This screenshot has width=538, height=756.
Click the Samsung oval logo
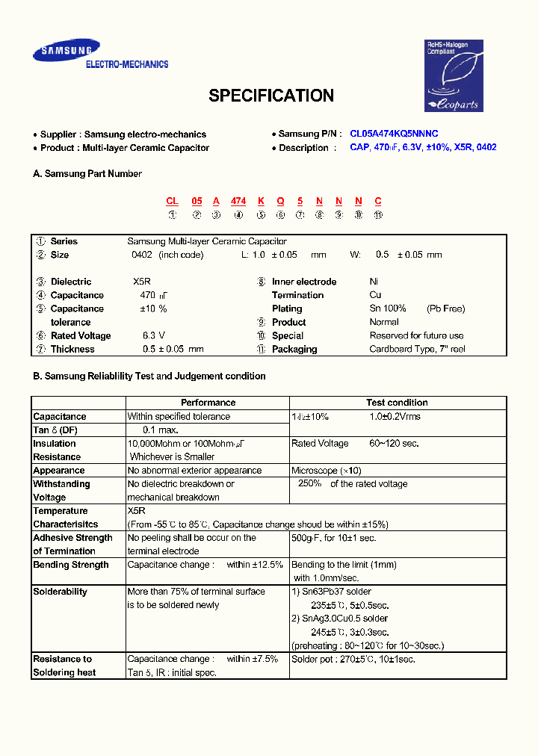(x=66, y=52)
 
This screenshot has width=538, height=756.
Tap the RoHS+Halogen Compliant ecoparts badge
(x=455, y=75)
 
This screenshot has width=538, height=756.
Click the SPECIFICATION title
(x=270, y=96)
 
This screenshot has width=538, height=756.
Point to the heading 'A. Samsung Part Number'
(x=87, y=173)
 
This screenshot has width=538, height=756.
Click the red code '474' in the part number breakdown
(x=238, y=201)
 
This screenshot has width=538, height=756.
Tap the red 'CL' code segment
(x=172, y=201)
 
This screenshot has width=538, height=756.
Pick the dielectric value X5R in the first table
(x=142, y=282)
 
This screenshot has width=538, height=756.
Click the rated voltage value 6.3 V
(x=154, y=335)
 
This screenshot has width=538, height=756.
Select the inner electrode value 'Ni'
(x=374, y=282)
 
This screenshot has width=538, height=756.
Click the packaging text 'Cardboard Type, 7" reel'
(x=416, y=349)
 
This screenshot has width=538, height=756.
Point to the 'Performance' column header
(x=208, y=403)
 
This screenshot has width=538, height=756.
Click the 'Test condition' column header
(x=397, y=403)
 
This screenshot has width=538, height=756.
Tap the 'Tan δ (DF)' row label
(x=55, y=430)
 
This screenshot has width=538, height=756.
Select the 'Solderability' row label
(x=60, y=592)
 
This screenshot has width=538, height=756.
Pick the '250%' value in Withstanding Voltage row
(x=309, y=483)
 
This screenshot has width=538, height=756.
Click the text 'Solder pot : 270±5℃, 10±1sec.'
(x=353, y=659)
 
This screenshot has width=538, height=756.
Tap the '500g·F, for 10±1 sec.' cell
(x=333, y=538)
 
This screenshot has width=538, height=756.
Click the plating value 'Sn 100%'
(x=388, y=309)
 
